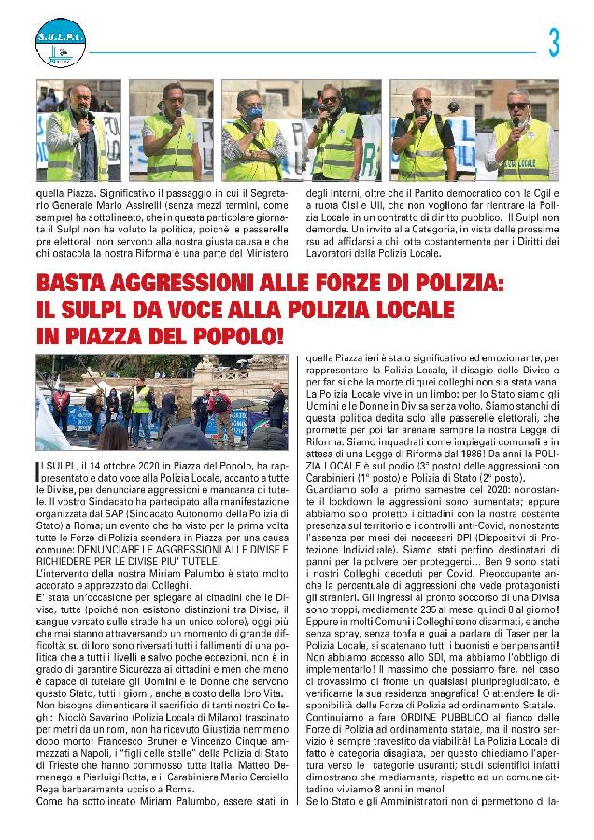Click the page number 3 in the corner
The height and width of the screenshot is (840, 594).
point(554,44)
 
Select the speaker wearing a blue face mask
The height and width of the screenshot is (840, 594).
point(254,131)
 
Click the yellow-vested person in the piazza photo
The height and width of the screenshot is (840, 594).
point(141,399)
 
